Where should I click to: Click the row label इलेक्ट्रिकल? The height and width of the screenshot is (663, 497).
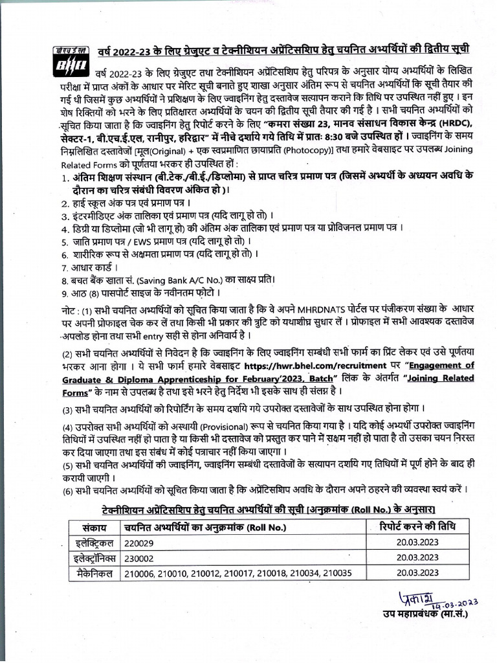(93, 542)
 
